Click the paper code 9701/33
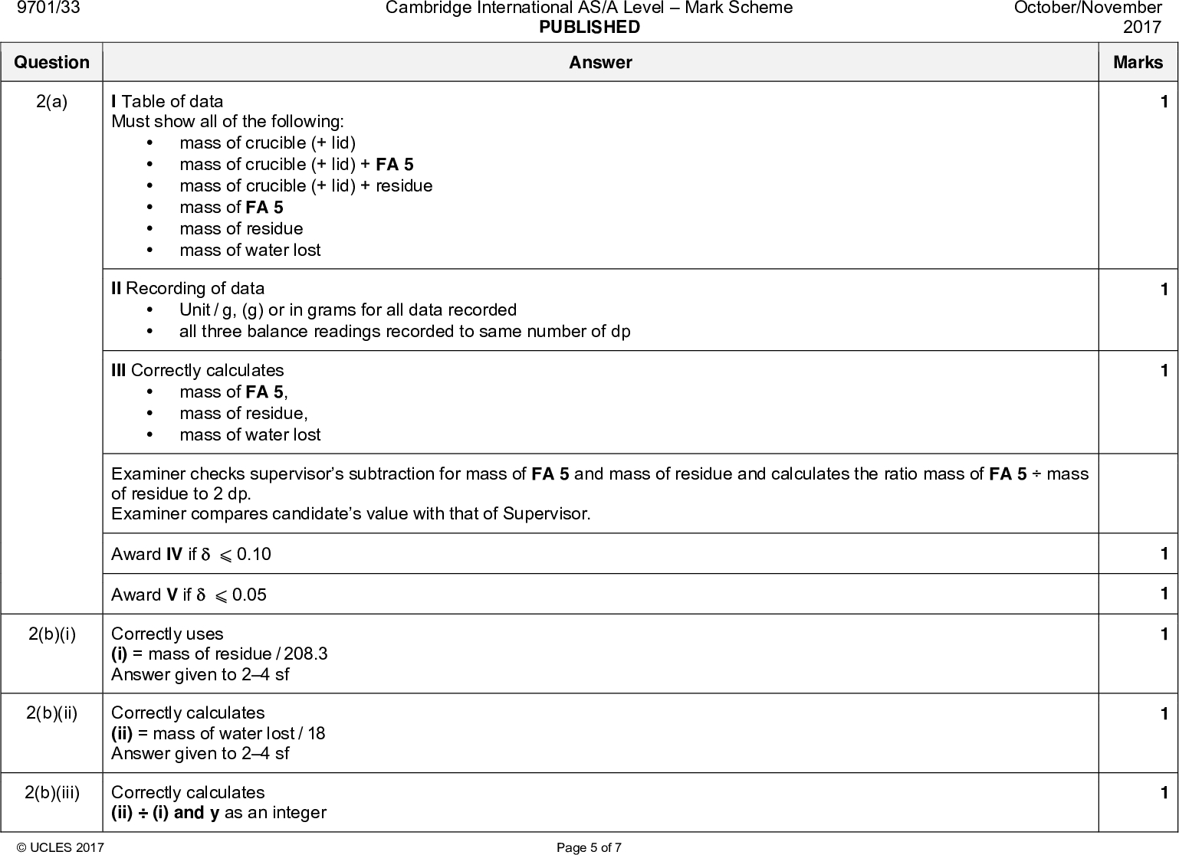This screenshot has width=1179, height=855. click(x=49, y=8)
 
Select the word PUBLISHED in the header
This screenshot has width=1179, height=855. click(x=589, y=28)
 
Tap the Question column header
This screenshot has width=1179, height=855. click(x=51, y=63)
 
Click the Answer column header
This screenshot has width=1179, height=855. click(x=600, y=63)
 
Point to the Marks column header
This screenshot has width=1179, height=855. click(x=1138, y=63)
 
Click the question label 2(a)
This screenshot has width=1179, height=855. click(x=51, y=102)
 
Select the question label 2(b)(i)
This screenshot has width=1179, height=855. click(x=51, y=634)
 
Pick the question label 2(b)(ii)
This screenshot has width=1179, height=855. click(x=51, y=713)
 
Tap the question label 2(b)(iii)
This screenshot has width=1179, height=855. click(x=51, y=792)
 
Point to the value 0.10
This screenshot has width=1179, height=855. click(x=254, y=555)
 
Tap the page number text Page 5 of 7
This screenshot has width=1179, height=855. click(x=589, y=847)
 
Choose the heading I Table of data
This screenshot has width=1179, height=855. click(x=167, y=102)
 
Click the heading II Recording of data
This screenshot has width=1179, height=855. click(x=188, y=289)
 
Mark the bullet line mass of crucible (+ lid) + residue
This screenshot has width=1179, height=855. click(x=306, y=186)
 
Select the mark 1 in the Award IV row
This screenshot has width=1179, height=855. click(x=1164, y=554)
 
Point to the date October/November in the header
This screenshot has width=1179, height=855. click(x=1088, y=8)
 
